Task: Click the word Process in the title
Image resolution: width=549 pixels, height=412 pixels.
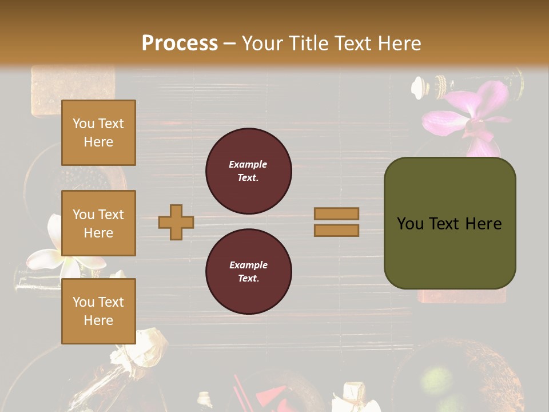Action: click(x=180, y=43)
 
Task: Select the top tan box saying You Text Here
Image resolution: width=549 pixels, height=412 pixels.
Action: click(x=98, y=133)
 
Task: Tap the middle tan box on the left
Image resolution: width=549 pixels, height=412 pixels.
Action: click(x=98, y=223)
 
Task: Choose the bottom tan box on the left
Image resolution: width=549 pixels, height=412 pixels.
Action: click(x=98, y=311)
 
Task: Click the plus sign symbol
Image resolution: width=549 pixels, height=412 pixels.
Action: click(x=176, y=222)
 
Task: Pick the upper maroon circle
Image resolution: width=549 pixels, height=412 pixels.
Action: click(x=248, y=171)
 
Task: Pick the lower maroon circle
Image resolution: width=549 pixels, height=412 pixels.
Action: click(x=248, y=272)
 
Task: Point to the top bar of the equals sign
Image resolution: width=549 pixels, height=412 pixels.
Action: click(x=337, y=213)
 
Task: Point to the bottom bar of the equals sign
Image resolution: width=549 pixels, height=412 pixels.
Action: click(x=337, y=230)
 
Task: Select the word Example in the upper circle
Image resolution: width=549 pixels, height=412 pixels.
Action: click(x=248, y=164)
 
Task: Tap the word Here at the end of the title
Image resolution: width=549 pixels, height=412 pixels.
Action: click(x=400, y=43)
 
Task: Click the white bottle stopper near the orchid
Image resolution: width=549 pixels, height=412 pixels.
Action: click(x=420, y=87)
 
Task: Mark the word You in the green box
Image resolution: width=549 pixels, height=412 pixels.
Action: click(x=410, y=224)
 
